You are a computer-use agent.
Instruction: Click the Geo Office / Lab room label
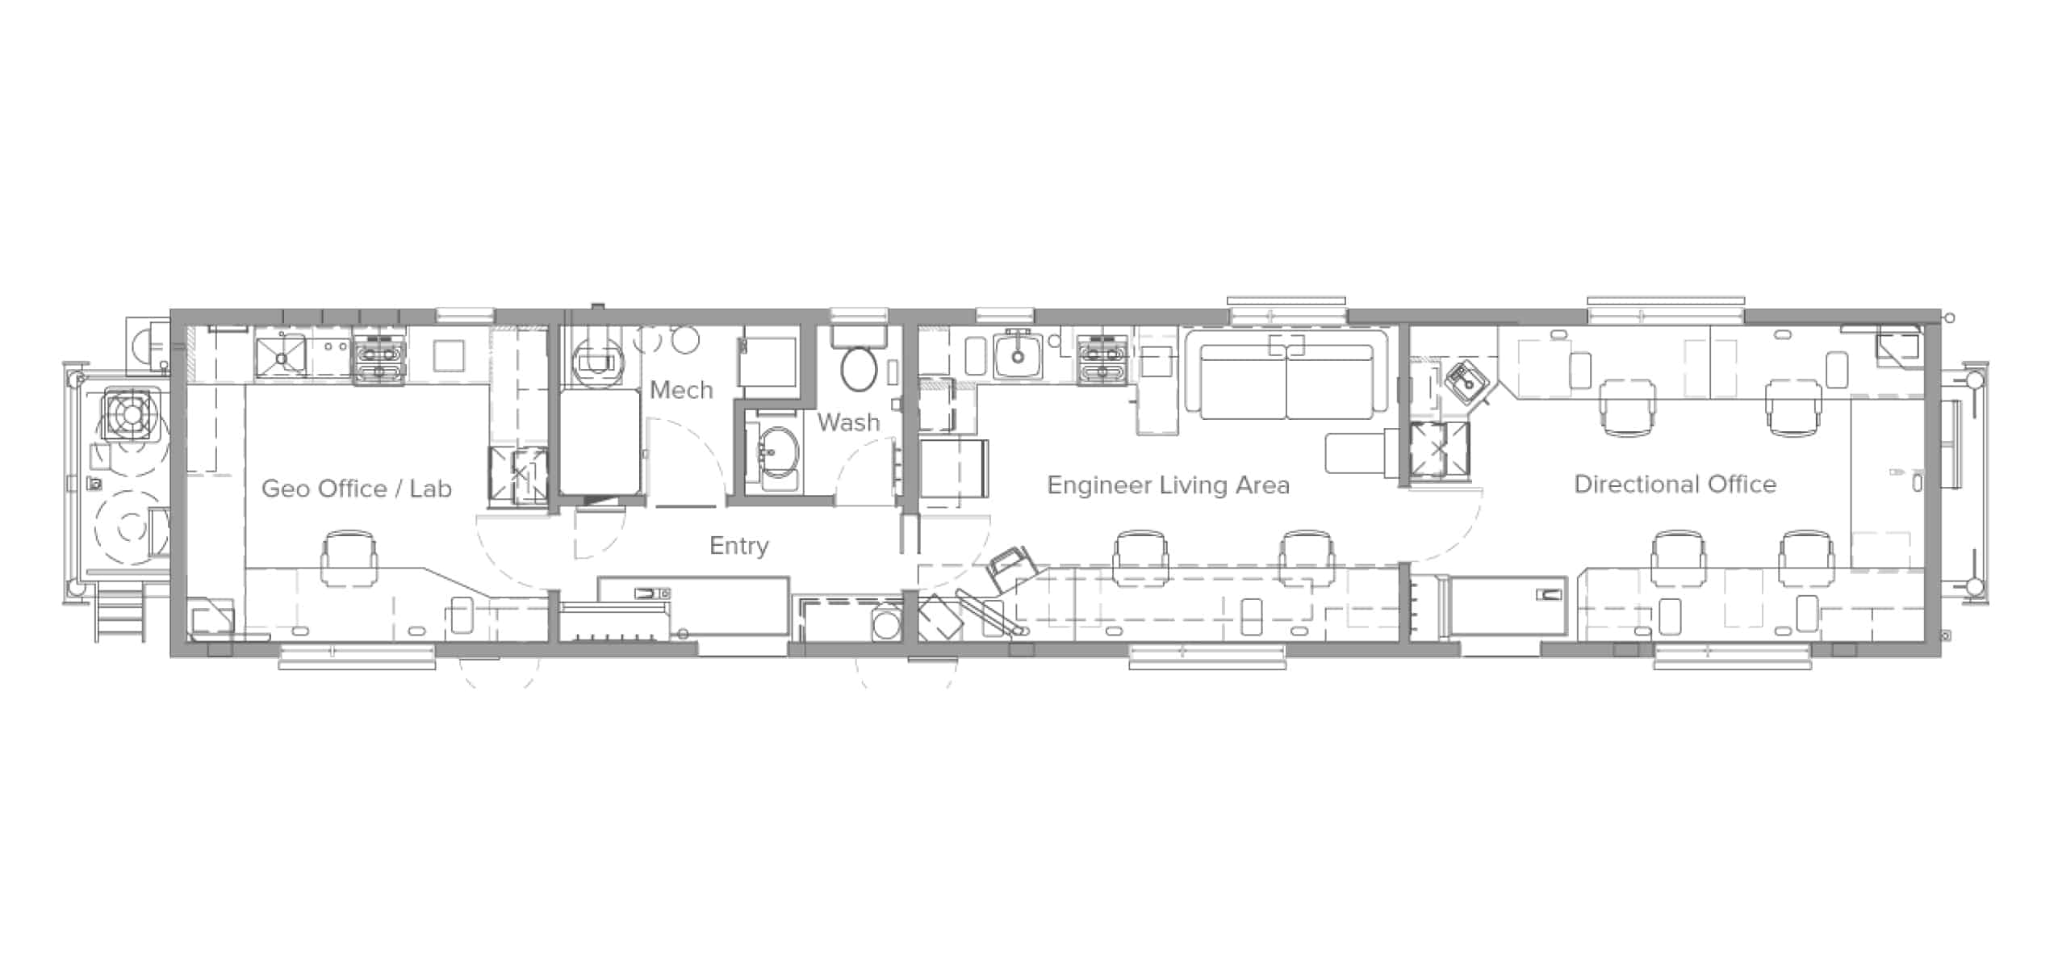tap(357, 489)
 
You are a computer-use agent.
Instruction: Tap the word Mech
tap(681, 390)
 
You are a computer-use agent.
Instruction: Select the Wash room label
tap(847, 422)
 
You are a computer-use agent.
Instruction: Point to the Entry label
tap(738, 546)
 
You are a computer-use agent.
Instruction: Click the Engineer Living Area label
tap(1168, 485)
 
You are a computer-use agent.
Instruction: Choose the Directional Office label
tap(1675, 484)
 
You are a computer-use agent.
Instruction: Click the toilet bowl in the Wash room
tap(859, 368)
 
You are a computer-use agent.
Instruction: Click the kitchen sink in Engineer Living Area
tap(1018, 356)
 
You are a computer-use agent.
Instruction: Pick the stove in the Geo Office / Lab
tap(379, 359)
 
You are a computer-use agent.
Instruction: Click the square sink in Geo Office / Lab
tap(280, 357)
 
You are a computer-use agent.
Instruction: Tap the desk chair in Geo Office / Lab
tap(349, 557)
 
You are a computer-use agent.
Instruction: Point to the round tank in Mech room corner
tap(596, 359)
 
